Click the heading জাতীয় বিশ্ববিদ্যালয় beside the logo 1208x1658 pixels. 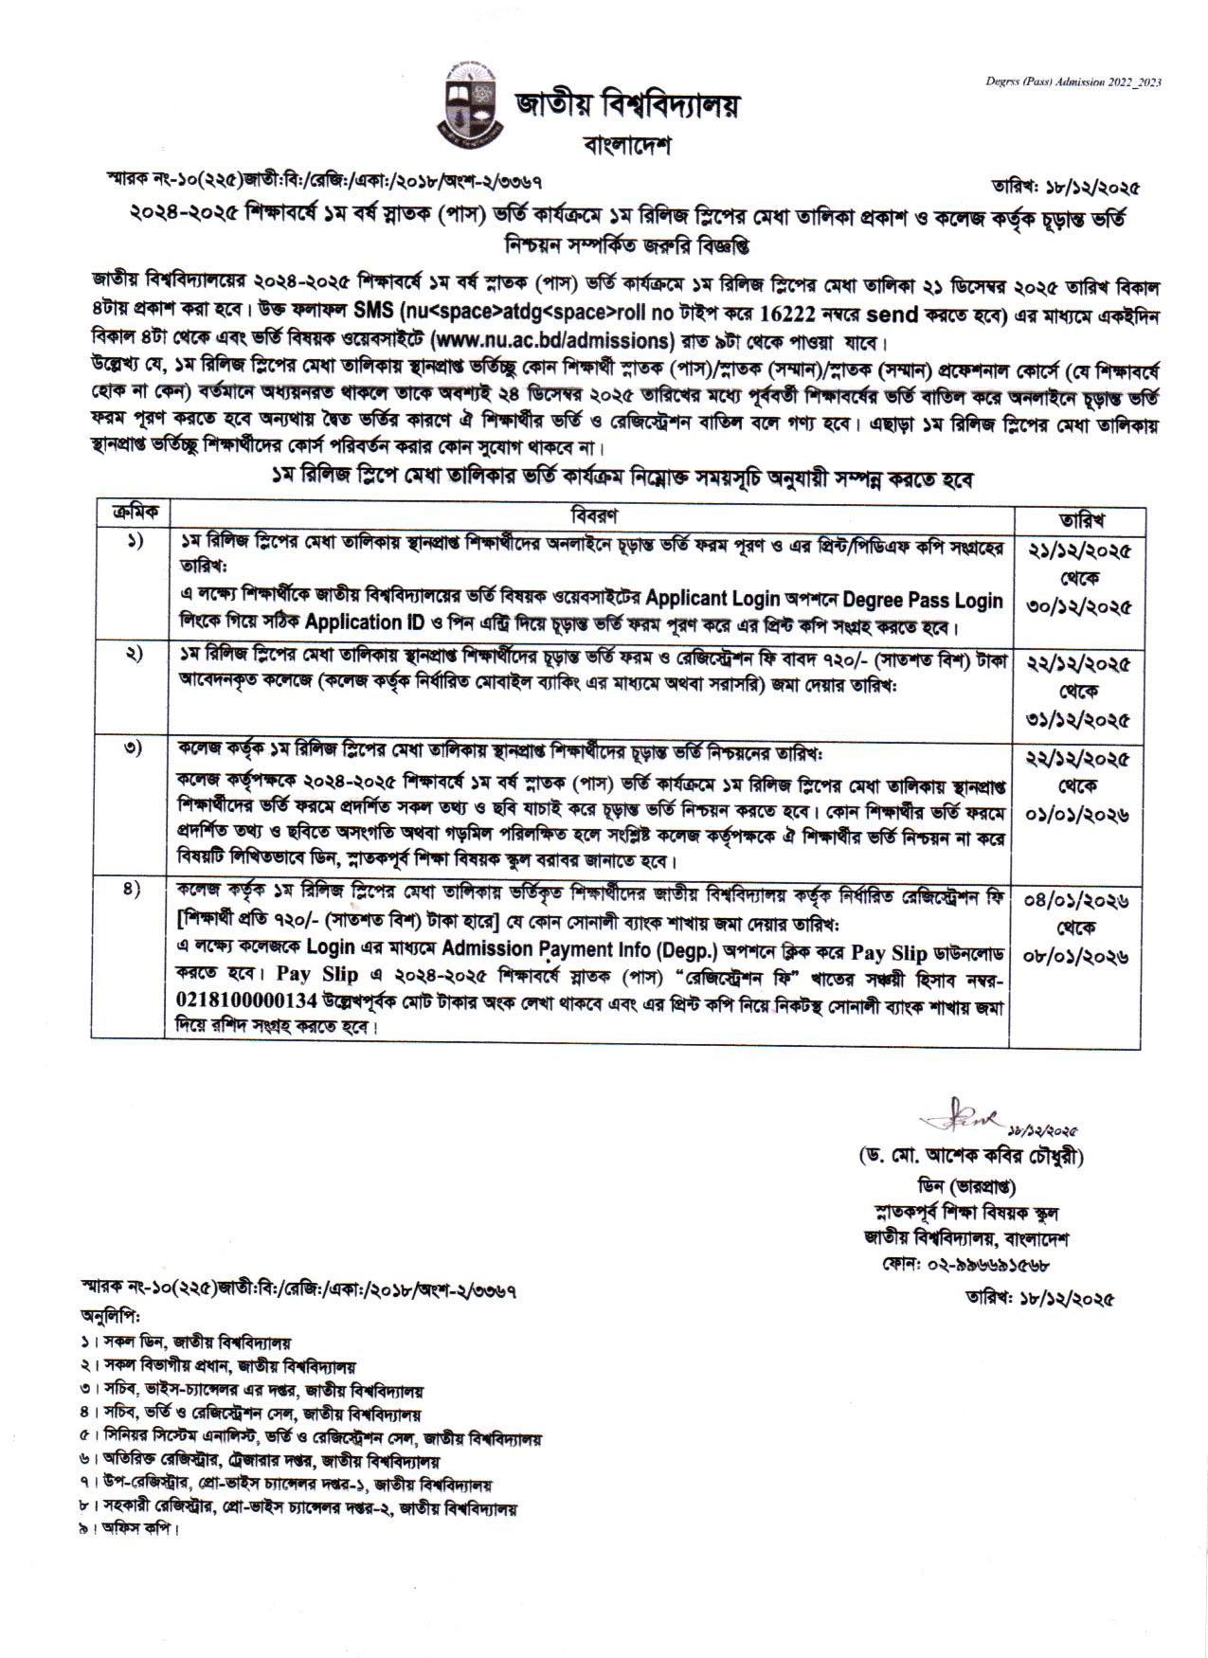[626, 105]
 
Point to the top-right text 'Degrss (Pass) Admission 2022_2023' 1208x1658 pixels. [1073, 82]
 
